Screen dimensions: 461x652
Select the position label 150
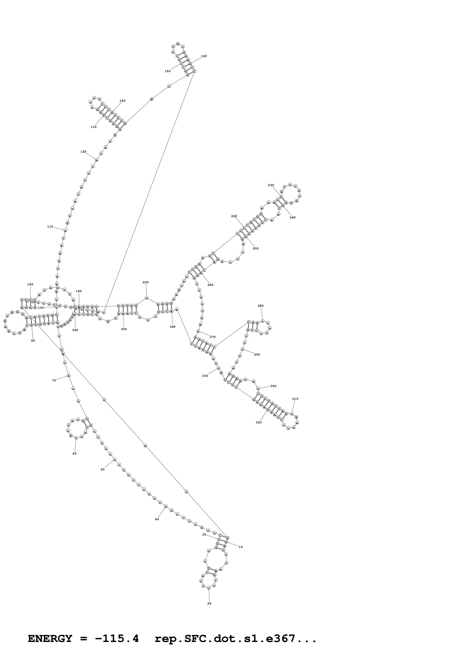(168, 71)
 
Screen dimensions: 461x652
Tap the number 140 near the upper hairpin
(122, 101)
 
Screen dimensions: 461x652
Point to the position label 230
(271, 185)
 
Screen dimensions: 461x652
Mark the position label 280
(261, 306)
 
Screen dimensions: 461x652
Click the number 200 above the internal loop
(146, 282)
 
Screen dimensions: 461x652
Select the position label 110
(50, 227)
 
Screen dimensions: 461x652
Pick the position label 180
(30, 284)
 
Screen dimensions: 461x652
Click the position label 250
(256, 248)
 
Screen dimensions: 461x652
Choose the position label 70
(54, 380)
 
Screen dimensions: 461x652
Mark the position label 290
(257, 355)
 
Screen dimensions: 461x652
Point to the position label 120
(83, 152)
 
